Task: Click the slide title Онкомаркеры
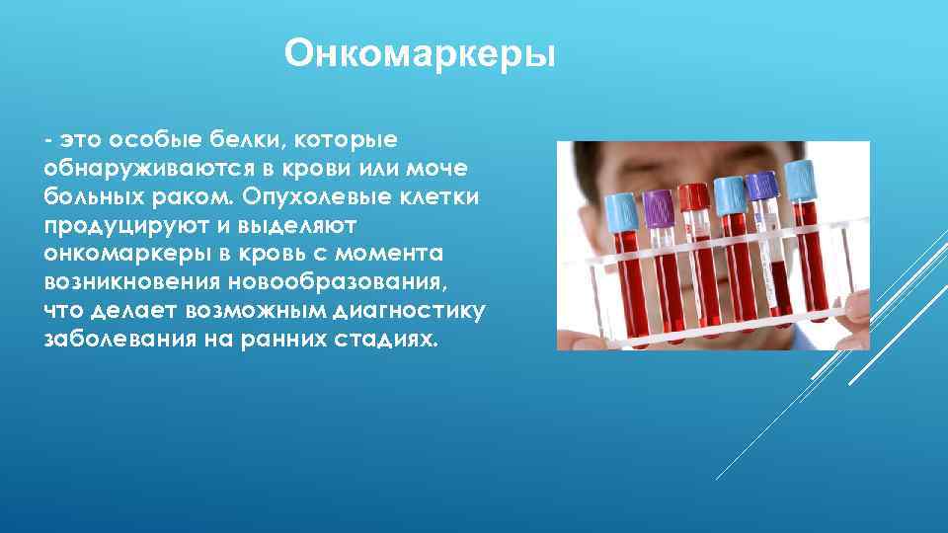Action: [420, 54]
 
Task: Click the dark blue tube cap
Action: [761, 186]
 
